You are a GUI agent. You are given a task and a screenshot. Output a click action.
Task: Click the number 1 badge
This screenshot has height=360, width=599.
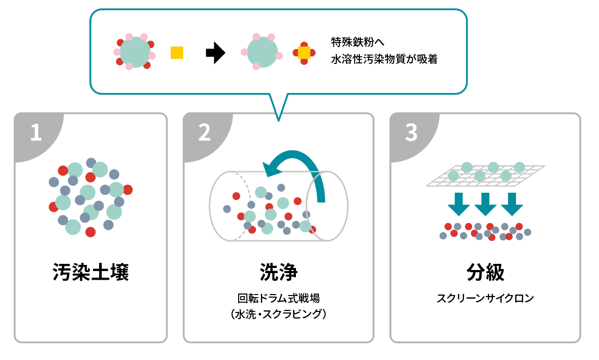click(35, 133)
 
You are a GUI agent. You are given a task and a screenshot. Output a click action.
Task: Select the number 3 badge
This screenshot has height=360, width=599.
click(411, 133)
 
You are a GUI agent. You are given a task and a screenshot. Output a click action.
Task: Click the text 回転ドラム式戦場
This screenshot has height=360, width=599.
click(279, 298)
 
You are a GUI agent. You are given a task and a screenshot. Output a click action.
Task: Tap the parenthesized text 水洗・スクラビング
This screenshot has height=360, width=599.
click(279, 313)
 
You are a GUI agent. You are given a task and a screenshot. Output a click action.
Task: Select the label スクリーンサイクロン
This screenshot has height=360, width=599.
click(485, 298)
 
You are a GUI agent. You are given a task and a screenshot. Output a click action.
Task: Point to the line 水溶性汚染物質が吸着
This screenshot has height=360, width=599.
click(384, 59)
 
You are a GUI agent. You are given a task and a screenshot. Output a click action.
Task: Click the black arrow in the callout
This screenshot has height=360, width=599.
click(215, 53)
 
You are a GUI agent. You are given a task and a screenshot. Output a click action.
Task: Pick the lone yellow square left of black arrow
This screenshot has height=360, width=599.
click(177, 52)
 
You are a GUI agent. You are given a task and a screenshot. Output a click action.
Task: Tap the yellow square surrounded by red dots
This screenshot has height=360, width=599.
click(304, 53)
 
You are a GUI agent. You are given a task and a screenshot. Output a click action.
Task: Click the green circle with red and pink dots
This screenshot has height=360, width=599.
click(134, 52)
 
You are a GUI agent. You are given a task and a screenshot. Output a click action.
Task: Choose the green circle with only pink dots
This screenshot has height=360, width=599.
click(262, 52)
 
